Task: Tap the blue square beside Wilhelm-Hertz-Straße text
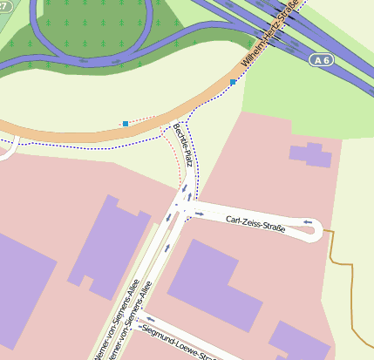pos(233,83)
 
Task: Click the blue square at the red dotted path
pos(126,124)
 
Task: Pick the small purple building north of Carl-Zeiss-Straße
pos(311,154)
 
